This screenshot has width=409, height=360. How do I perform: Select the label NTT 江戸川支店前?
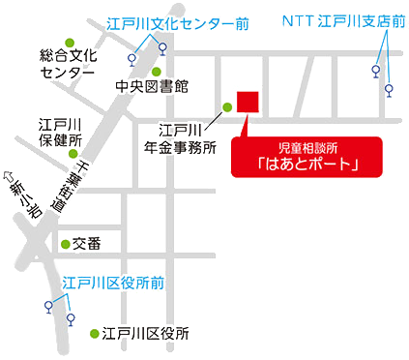[x=343, y=20]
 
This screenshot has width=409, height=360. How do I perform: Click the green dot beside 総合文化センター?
[x=69, y=41]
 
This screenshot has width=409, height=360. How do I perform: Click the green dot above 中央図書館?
[x=157, y=71]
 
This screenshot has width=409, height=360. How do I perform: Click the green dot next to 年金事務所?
[x=228, y=106]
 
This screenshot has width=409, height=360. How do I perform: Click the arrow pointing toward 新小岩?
[x=13, y=179]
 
